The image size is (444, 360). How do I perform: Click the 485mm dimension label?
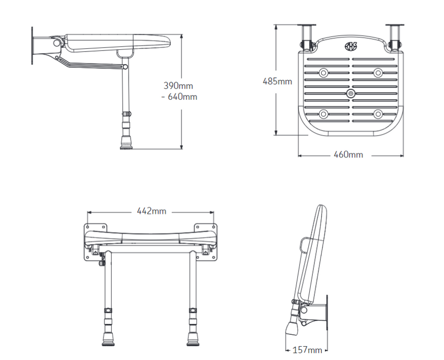click(x=277, y=81)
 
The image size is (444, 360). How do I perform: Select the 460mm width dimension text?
click(x=348, y=155)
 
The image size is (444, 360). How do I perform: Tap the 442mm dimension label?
click(x=151, y=211)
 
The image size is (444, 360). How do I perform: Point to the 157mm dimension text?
click(x=307, y=350)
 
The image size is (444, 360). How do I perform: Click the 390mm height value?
click(x=178, y=85)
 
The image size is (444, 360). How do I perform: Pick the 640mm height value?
click(x=182, y=97)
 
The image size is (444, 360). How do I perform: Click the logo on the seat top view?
click(x=351, y=46)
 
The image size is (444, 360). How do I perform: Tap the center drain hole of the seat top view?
click(x=351, y=94)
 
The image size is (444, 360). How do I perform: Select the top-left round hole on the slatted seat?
click(x=324, y=73)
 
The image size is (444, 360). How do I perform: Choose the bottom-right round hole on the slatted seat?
click(x=378, y=114)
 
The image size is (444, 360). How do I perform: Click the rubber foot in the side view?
click(x=126, y=142)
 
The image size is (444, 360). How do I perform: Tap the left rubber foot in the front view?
click(x=108, y=339)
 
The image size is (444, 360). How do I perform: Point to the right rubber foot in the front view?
click(x=193, y=339)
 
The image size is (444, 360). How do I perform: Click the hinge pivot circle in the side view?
click(x=57, y=43)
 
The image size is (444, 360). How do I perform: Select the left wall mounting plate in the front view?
click(x=95, y=242)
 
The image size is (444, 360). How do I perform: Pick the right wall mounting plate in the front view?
click(x=206, y=242)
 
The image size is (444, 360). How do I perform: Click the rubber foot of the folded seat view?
click(x=291, y=328)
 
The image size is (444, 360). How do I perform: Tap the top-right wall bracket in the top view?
click(x=395, y=38)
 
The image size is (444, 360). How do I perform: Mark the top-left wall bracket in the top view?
click(x=307, y=38)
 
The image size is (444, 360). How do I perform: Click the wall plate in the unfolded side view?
click(x=32, y=46)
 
